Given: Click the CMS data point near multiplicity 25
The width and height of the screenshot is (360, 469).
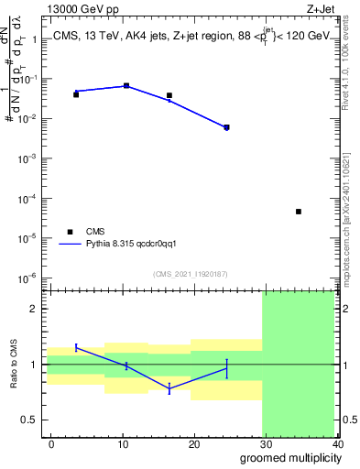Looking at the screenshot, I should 226,127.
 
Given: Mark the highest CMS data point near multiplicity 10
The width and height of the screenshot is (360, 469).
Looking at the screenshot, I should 126,85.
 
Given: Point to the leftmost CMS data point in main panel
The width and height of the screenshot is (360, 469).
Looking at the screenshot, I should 76,94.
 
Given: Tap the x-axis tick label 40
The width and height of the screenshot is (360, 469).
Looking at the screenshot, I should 338,443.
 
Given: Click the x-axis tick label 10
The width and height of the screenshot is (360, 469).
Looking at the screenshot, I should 123,443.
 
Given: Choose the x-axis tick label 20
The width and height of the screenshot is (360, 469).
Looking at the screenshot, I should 194,443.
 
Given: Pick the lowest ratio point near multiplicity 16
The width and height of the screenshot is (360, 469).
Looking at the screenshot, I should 169,388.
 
